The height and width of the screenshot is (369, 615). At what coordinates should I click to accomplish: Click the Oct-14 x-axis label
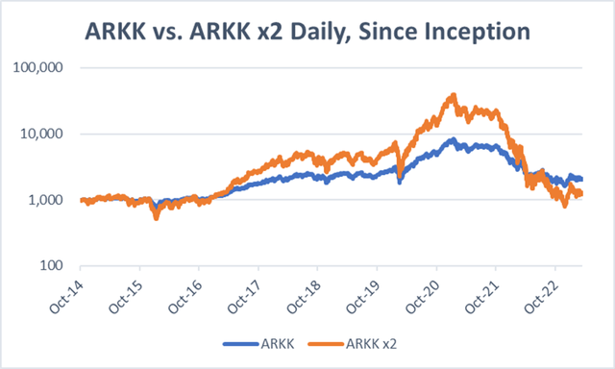point(68,294)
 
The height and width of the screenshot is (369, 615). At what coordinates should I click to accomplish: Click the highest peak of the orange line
point(453,95)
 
